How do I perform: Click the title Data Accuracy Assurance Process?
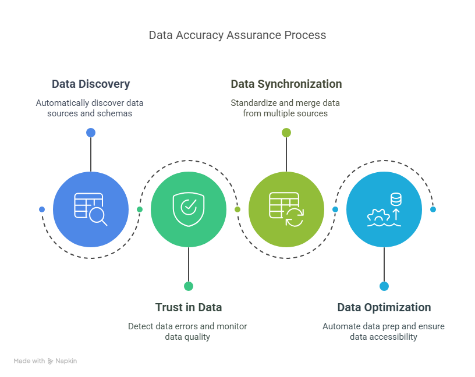tap(238, 35)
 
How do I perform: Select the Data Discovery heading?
tap(91, 84)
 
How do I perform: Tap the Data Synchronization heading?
tap(286, 84)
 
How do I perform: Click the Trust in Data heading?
tap(189, 307)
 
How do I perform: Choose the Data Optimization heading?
tap(384, 307)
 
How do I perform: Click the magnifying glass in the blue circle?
tap(98, 216)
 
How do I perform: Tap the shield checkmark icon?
tap(189, 209)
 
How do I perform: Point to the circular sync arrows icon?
tap(295, 218)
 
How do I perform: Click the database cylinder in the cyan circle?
tap(396, 199)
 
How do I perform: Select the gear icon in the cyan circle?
tap(378, 216)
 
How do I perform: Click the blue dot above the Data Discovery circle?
tap(91, 133)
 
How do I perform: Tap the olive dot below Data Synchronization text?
tap(286, 133)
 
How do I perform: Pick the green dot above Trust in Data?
tap(189, 286)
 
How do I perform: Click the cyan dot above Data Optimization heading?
tap(384, 286)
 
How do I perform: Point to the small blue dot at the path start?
tap(42, 209)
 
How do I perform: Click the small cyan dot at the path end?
tap(433, 209)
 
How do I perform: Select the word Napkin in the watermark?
tap(66, 361)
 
